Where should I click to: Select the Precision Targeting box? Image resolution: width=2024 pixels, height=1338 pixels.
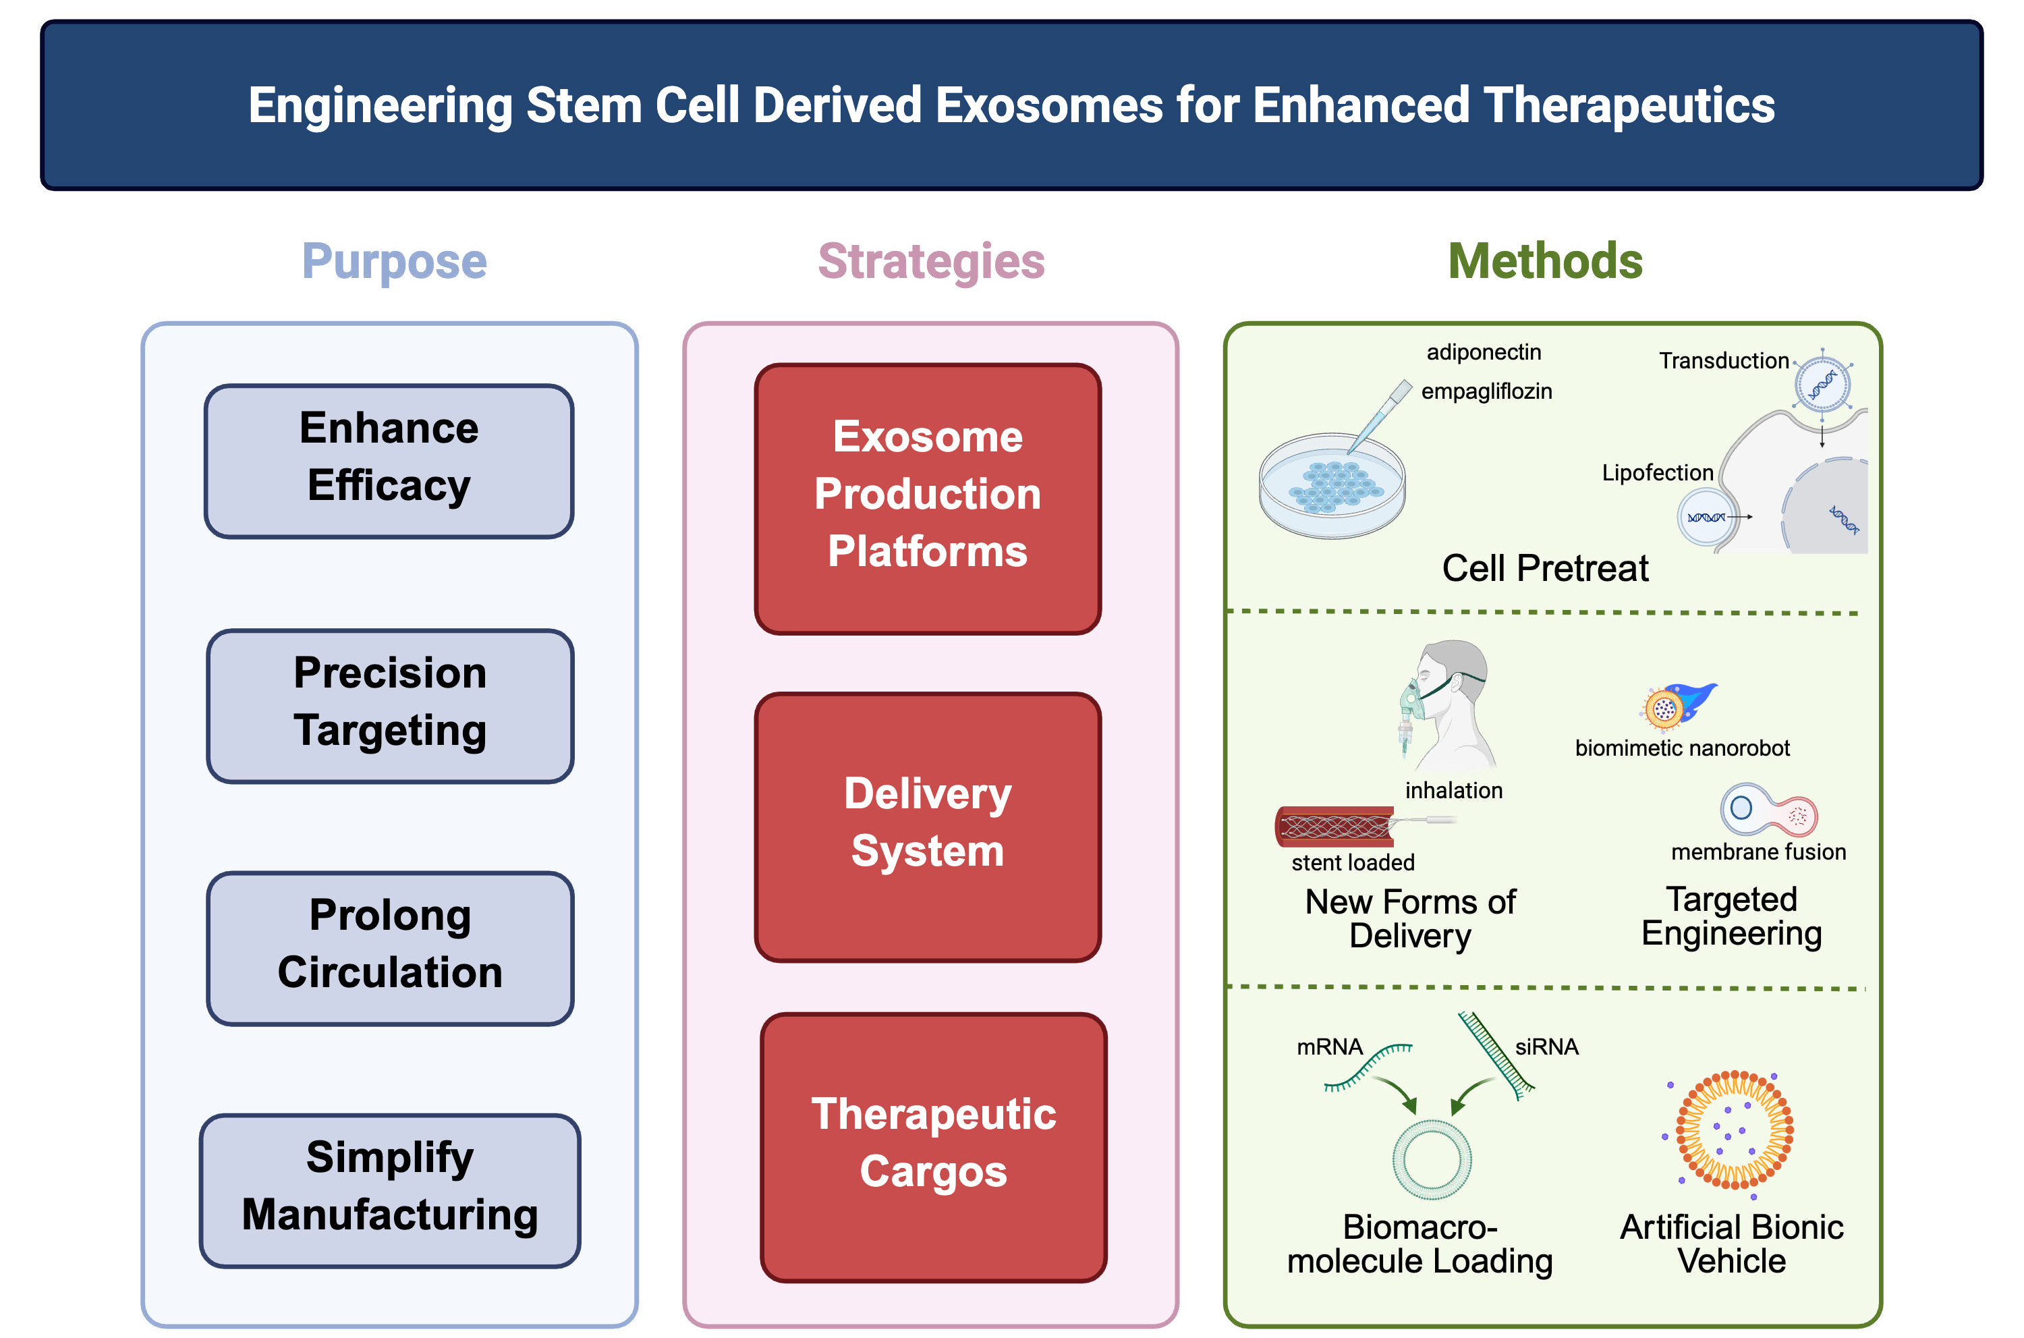coord(390,706)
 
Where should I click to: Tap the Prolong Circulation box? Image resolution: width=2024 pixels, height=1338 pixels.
coord(390,948)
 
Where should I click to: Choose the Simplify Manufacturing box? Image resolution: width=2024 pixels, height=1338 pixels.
coord(390,1190)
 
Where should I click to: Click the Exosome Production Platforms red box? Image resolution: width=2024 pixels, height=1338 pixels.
coord(928,499)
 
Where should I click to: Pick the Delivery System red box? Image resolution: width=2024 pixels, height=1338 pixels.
coord(928,826)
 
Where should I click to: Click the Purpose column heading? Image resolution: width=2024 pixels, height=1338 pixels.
coord(394,261)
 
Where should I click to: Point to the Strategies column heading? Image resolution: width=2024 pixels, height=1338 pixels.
coord(931,261)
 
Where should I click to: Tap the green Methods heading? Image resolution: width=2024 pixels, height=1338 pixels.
coord(1544,261)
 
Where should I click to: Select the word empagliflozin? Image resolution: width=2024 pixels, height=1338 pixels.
coord(1486,391)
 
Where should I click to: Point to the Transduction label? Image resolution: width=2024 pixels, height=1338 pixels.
coord(1723,361)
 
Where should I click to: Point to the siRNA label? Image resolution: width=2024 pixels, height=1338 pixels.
coord(1546,1047)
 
